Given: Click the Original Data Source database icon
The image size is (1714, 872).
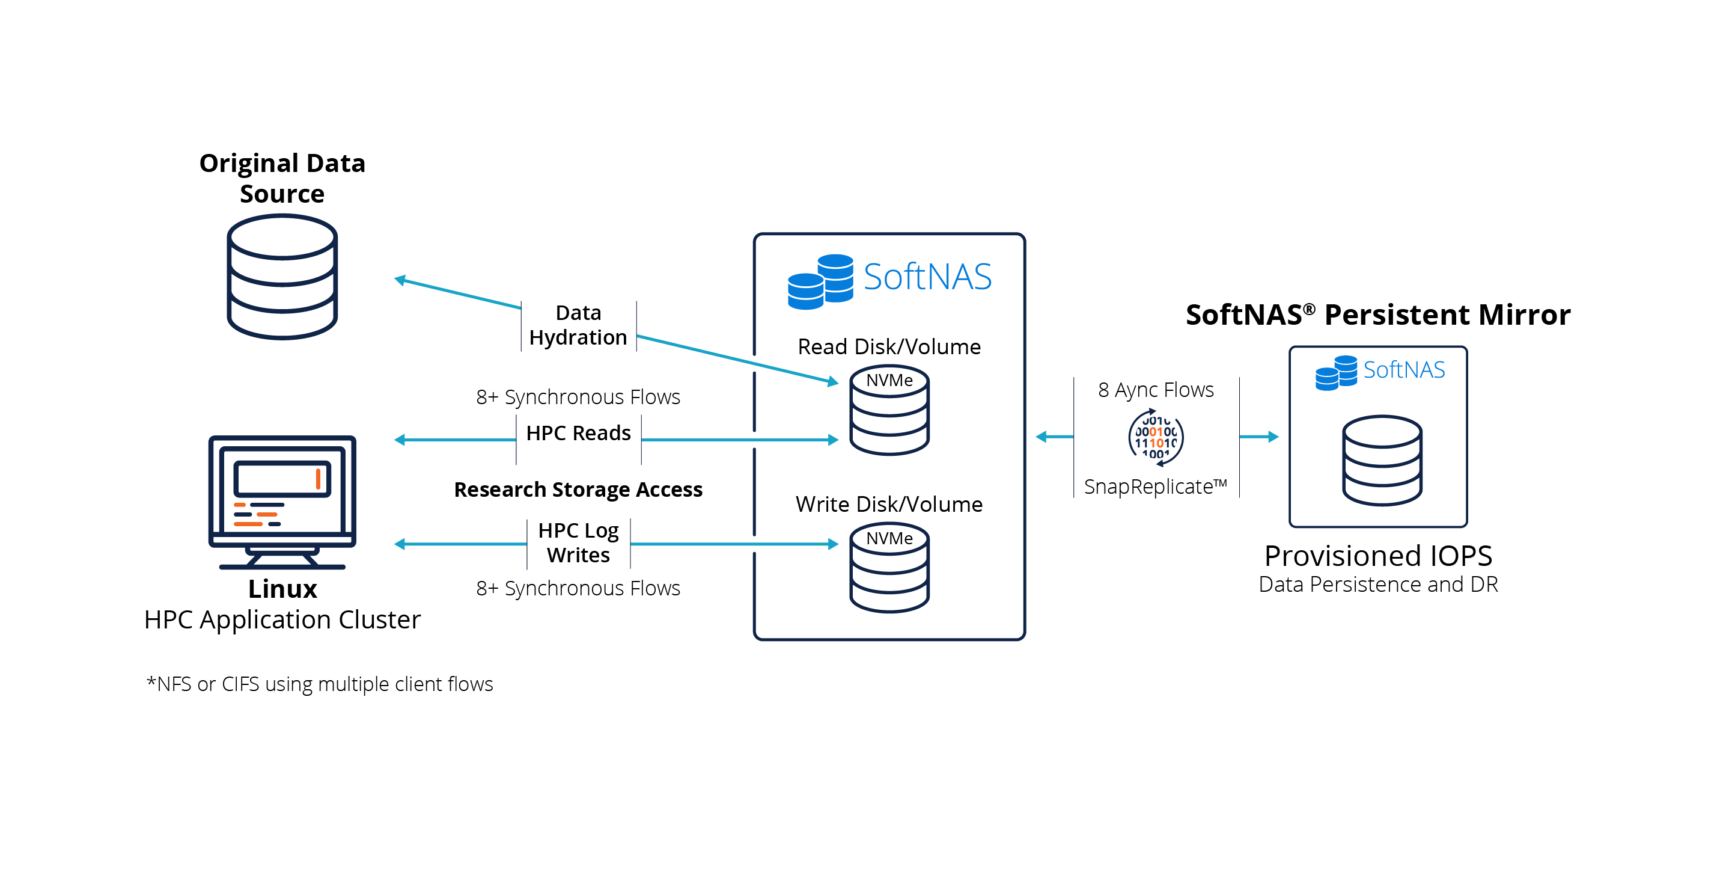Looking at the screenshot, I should point(282,276).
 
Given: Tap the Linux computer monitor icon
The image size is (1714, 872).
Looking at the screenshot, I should point(282,501).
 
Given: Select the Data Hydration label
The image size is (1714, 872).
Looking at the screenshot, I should point(578,325).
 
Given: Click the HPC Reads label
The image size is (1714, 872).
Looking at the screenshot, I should point(578,434).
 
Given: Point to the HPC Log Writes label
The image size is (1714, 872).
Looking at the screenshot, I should point(578,542).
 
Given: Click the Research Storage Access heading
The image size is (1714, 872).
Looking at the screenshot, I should point(578,490).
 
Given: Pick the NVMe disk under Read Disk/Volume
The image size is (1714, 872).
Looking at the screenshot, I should point(889,411).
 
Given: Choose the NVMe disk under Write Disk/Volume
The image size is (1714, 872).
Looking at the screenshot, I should point(889,568).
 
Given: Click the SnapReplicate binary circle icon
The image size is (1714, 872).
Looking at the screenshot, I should point(1156,437).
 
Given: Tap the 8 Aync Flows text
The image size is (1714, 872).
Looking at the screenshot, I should point(1156,390).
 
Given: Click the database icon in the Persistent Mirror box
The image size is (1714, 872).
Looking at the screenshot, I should point(1382,460).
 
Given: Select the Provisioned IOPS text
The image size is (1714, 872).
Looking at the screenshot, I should point(1378,555).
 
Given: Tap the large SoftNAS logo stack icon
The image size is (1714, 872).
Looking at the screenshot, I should point(820,281).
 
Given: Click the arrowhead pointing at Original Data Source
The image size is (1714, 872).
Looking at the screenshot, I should point(400,280).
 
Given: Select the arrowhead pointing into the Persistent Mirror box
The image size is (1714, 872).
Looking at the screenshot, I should point(1273,437).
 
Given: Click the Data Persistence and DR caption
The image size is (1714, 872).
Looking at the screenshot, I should point(1378,585).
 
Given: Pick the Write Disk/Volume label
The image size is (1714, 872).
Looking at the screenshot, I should point(889,504).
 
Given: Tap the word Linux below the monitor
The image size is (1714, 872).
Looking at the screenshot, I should point(282,589).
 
